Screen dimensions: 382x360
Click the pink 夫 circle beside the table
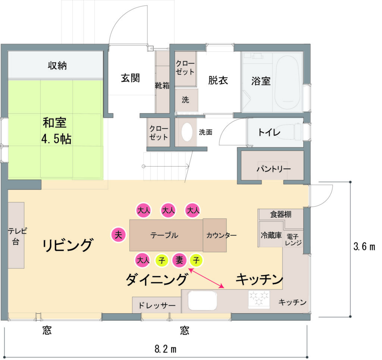pyautogui.click(x=118, y=235)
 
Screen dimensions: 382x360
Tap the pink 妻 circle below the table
pyautogui.click(x=179, y=260)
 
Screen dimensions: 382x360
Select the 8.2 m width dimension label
pyautogui.click(x=165, y=349)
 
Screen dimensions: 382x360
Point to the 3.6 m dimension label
pyautogui.click(x=364, y=246)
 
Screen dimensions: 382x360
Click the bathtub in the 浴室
pyautogui.click(x=287, y=83)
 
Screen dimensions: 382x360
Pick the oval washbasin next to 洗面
pyautogui.click(x=187, y=132)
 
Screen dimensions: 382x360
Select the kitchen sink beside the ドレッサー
pyautogui.click(x=202, y=300)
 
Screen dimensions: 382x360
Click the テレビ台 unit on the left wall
pyautogui.click(x=16, y=235)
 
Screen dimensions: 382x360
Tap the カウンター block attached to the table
pyautogui.click(x=215, y=235)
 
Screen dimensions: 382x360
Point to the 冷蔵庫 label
pyautogui.click(x=271, y=235)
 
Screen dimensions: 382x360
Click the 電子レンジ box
pyautogui.click(x=293, y=239)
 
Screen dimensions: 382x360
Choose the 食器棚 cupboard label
pyautogui.click(x=281, y=214)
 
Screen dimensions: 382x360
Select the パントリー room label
pyautogui.click(x=273, y=169)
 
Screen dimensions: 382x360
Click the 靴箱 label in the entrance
pyautogui.click(x=162, y=86)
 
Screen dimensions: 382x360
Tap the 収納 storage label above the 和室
pyautogui.click(x=57, y=65)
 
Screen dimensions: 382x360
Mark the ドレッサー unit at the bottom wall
pyautogui.click(x=157, y=305)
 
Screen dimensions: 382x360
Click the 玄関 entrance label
pyautogui.click(x=131, y=78)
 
